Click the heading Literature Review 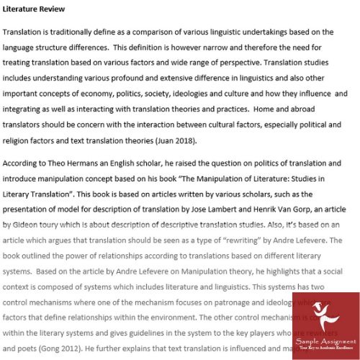coord(34,9)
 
